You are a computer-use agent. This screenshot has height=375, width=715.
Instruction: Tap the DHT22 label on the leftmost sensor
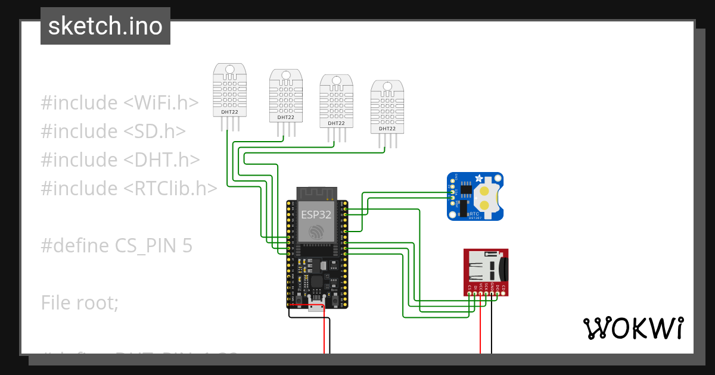[x=230, y=111]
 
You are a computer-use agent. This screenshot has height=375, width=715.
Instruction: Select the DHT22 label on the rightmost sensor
[x=387, y=128]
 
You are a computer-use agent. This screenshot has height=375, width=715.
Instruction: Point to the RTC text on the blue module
[x=474, y=212]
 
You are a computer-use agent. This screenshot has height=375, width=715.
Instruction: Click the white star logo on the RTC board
[x=478, y=179]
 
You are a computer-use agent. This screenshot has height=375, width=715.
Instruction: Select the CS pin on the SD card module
[x=470, y=289]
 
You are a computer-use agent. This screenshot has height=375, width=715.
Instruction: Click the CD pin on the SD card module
[x=503, y=289]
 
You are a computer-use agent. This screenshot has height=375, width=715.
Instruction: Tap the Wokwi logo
[x=633, y=328]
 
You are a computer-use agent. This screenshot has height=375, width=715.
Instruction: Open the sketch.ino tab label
[x=105, y=26]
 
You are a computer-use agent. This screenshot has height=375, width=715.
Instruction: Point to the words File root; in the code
[x=80, y=303]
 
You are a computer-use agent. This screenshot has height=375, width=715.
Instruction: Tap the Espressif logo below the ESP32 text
[x=316, y=231]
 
